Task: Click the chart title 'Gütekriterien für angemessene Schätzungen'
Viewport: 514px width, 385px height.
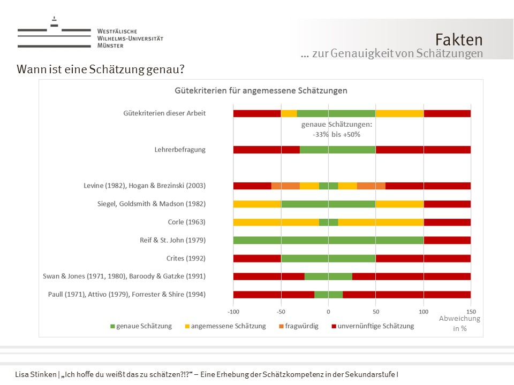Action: [x=261, y=90]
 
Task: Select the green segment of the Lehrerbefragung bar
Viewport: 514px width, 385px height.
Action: [x=337, y=150]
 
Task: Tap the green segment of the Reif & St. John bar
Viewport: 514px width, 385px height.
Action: [x=328, y=240]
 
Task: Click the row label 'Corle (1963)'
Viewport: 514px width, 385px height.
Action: [x=186, y=222]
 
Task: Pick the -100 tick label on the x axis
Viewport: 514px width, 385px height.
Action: [x=233, y=311]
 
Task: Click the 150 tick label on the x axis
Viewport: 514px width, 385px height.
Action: [x=471, y=311]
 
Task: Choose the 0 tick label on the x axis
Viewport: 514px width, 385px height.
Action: [x=328, y=311]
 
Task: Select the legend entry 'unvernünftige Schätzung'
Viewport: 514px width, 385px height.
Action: [x=373, y=326]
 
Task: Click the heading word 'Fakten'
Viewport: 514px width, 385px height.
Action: [x=459, y=40]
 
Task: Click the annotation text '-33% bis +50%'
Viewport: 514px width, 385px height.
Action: [x=337, y=134]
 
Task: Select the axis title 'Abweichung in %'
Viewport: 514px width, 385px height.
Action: [x=459, y=324]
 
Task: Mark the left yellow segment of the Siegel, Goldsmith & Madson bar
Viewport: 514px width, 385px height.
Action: [x=257, y=204]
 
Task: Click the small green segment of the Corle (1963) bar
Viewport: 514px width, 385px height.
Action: [x=328, y=222]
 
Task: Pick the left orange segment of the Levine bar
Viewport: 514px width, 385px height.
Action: [x=285, y=186]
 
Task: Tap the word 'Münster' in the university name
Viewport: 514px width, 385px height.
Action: [x=110, y=46]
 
